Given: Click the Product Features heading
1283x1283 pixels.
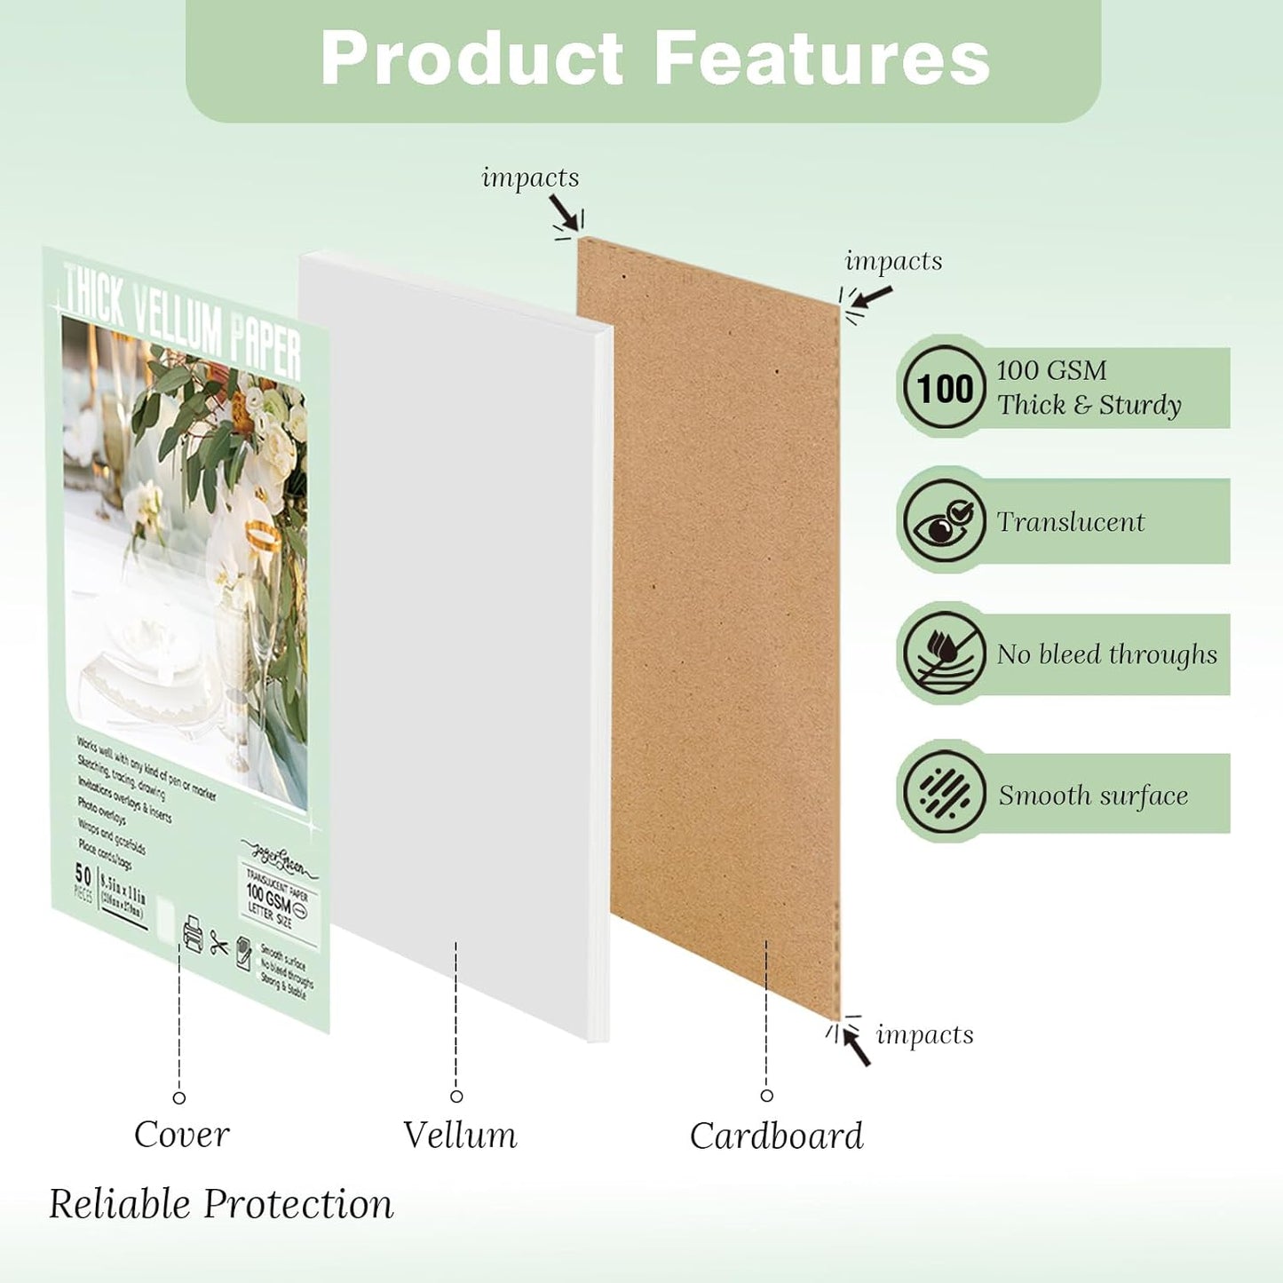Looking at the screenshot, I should (654, 59).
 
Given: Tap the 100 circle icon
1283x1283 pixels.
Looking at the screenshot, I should (945, 388).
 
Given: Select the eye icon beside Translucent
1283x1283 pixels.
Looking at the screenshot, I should (945, 521).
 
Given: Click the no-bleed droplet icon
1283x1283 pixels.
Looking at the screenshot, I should (945, 653).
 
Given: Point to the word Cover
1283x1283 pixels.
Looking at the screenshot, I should (181, 1135).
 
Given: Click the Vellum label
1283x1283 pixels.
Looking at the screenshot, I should (459, 1135).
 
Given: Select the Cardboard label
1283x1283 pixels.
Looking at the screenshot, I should (776, 1136).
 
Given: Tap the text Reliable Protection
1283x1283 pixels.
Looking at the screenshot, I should (221, 1204).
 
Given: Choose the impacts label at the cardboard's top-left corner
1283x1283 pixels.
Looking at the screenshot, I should (530, 178).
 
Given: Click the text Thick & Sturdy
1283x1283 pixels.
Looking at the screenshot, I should (1089, 406).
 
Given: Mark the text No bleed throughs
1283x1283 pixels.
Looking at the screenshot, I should (1106, 654).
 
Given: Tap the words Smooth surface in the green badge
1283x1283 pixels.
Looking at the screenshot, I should (1093, 796).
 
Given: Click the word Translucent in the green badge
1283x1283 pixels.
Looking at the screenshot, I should (1071, 522).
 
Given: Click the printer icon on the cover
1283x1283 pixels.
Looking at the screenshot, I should (193, 934).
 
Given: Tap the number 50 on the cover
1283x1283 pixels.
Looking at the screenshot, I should (83, 874).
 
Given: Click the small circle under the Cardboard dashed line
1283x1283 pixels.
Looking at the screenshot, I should (767, 1096).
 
